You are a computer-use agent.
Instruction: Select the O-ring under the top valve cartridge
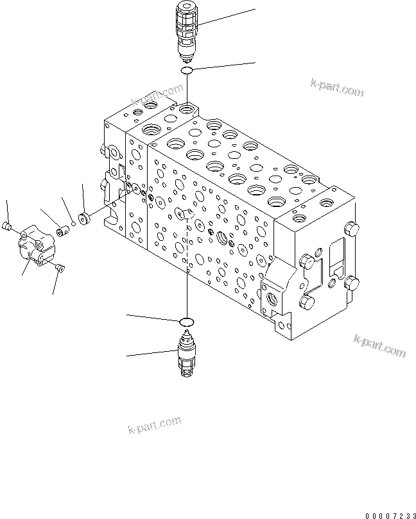point(187,70)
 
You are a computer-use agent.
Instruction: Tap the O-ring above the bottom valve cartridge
point(187,320)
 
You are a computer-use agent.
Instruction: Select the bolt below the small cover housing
point(60,269)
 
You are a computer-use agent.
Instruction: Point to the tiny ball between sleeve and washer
point(74,224)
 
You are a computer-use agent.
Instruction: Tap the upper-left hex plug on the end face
point(307,262)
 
